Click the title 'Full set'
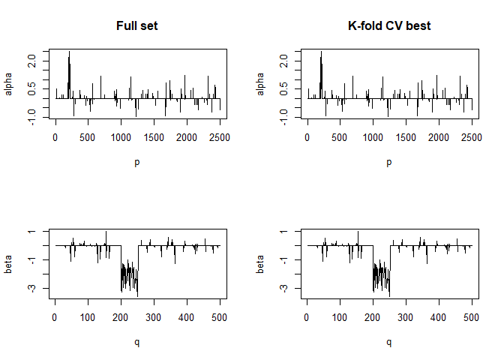pos(136,26)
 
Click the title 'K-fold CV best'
pos(388,26)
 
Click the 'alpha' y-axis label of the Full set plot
pos(10,84)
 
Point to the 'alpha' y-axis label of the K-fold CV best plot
pos(262,84)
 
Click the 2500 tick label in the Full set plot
pos(220,137)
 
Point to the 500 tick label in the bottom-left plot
pos(219,317)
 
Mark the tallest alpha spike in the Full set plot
pos(69,52)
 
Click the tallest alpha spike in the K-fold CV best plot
pos(321,52)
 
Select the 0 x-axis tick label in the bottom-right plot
pos(307,317)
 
